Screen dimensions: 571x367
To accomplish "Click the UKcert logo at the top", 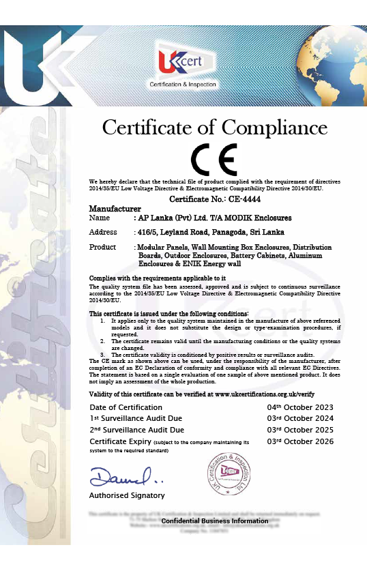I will tap(183, 65).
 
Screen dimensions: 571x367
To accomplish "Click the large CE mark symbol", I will tap(214, 159).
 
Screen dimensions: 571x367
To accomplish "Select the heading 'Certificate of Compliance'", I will tap(214, 127).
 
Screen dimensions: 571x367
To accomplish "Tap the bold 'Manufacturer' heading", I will tap(115, 207).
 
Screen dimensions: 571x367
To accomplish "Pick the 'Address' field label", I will tap(103, 232).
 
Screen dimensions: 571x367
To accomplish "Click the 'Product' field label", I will tap(103, 247).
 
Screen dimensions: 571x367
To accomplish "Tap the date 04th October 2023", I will tap(300, 407).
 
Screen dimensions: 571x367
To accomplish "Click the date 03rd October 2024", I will tap(300, 419).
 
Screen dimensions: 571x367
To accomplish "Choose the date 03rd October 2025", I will tap(300, 430).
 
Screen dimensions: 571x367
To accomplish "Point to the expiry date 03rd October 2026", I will tap(300, 442).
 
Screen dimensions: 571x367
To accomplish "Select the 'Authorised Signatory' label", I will tap(127, 495).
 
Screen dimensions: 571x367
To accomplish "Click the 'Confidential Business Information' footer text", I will tap(215, 521).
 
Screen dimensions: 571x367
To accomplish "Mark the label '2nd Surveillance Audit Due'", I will tap(136, 430).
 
